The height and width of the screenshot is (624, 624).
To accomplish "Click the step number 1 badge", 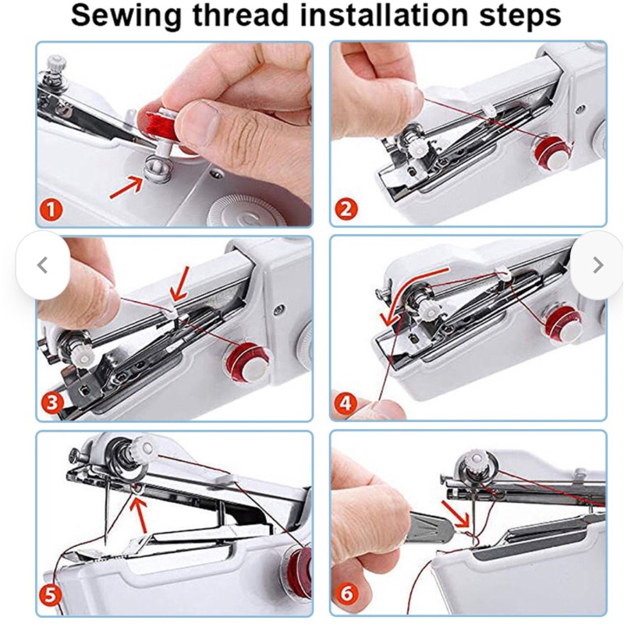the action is (51, 210).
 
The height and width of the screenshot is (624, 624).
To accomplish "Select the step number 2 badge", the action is (346, 209).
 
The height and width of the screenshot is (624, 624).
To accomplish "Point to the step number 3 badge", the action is (52, 402).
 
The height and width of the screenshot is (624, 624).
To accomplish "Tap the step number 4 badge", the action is (345, 403).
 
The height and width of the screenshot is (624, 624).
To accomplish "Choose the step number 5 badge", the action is (51, 595).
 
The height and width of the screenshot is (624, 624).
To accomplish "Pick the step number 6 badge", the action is (346, 594).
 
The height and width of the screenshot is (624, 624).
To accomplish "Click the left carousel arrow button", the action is (43, 265).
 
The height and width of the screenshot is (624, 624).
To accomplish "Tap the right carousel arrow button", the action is (597, 265).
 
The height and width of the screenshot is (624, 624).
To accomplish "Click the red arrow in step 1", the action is (126, 187).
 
